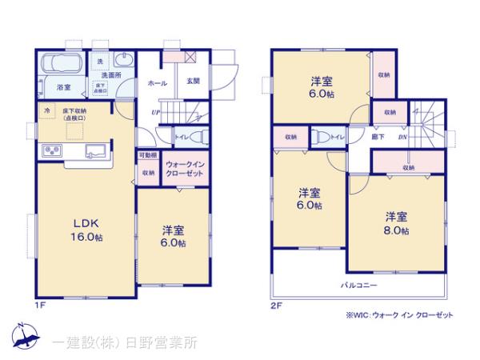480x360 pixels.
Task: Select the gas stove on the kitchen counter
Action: pos(51,150)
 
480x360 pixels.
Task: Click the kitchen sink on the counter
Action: pos(94,150)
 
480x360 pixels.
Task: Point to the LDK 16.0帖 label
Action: pos(82,230)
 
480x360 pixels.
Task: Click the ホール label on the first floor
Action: pos(156,82)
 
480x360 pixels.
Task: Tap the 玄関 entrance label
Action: pos(194,82)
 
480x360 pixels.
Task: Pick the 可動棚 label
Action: pos(147,155)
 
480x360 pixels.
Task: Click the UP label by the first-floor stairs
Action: pos(154,112)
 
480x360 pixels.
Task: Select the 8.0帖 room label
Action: pos(396,223)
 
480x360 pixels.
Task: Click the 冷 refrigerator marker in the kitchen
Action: pos(46,110)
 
